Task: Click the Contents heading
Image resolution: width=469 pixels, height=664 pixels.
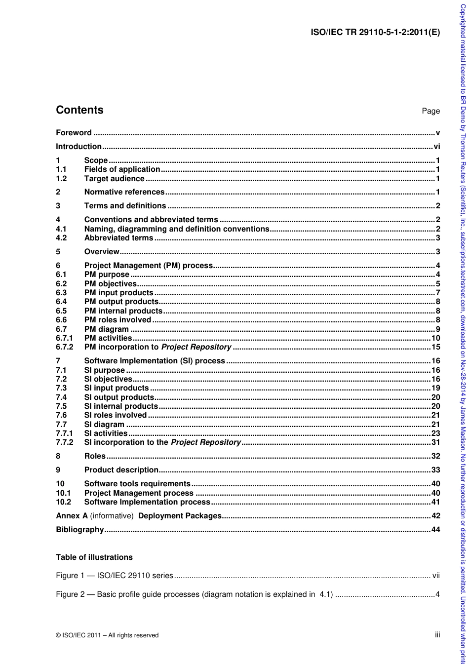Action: point(79,110)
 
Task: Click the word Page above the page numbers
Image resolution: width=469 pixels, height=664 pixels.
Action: point(430,111)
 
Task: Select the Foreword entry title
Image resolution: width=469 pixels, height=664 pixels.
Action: point(74,133)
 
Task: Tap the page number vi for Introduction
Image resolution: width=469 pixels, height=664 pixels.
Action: point(436,147)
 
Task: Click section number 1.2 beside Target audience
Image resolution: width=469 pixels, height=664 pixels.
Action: point(61,179)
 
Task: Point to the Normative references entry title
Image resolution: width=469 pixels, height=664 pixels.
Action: point(124,192)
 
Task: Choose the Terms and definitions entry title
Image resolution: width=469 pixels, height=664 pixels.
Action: point(125,206)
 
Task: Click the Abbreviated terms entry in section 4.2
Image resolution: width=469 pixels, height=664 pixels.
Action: point(118,238)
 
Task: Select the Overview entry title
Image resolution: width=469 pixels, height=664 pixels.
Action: point(102,252)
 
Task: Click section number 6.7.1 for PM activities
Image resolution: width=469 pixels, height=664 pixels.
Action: point(64,338)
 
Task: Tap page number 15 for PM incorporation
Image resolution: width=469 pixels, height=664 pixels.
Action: point(435,347)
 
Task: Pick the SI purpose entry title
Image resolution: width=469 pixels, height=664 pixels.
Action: point(105,370)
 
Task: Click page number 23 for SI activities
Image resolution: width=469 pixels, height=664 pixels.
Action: point(435,433)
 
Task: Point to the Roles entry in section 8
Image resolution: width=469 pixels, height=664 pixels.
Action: point(95,456)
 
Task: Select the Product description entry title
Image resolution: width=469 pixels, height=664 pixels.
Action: point(121,470)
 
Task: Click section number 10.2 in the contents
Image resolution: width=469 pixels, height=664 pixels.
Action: point(63,502)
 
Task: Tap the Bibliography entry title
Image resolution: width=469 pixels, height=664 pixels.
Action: point(80,530)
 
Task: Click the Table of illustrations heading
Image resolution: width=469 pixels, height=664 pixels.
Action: point(94,557)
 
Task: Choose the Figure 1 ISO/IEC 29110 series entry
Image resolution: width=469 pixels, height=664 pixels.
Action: point(115,576)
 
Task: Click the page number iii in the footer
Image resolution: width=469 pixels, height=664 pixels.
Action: point(437,635)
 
